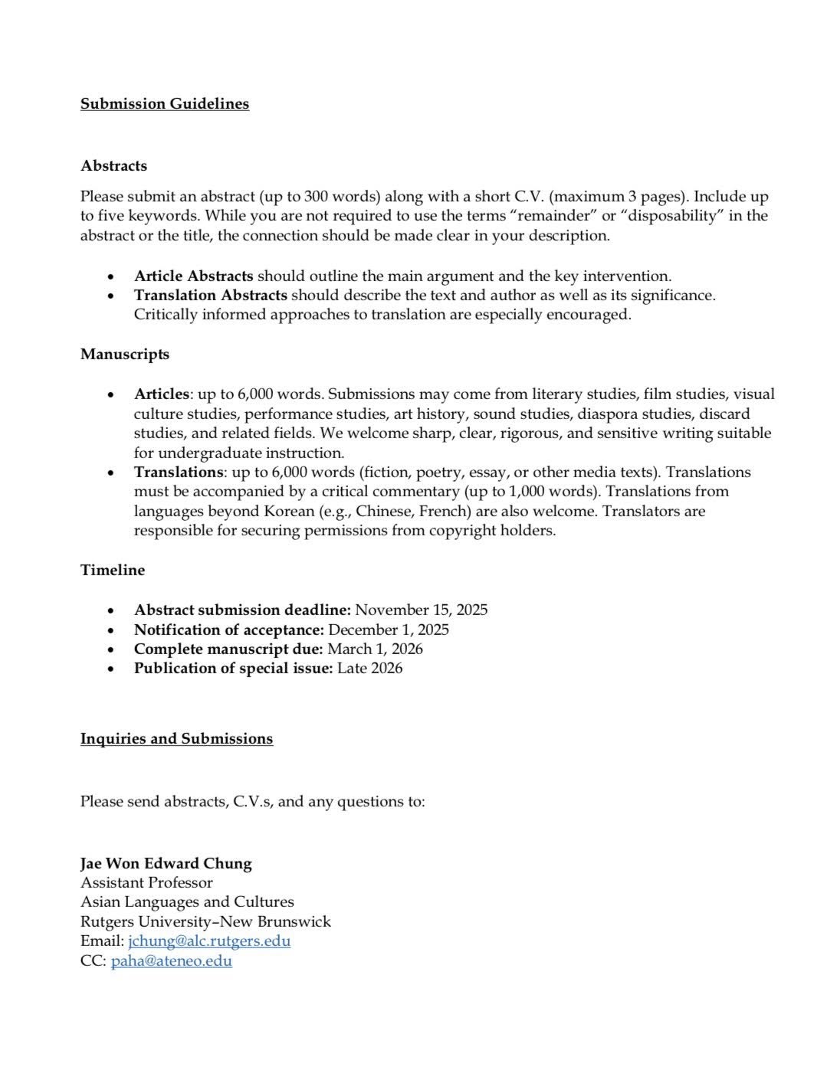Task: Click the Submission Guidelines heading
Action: pyautogui.click(x=165, y=103)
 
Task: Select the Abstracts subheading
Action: pyautogui.click(x=113, y=165)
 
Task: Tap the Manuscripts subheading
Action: pyautogui.click(x=125, y=354)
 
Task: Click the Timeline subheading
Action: pyautogui.click(x=113, y=570)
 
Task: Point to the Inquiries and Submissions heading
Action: pyautogui.click(x=176, y=738)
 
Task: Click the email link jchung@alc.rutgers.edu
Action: pyautogui.click(x=209, y=941)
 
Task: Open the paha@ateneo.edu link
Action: pyautogui.click(x=171, y=960)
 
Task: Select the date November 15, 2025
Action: pyautogui.click(x=422, y=610)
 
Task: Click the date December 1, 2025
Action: pyautogui.click(x=389, y=630)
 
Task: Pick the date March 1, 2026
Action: pyautogui.click(x=375, y=649)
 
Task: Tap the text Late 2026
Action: pyautogui.click(x=369, y=668)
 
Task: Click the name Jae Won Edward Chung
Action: pyautogui.click(x=166, y=863)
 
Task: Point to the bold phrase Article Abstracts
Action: pyautogui.click(x=193, y=276)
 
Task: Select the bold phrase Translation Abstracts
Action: pyautogui.click(x=211, y=295)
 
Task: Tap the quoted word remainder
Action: pyautogui.click(x=553, y=215)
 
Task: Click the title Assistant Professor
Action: pyautogui.click(x=146, y=882)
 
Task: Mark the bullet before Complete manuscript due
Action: pyautogui.click(x=112, y=649)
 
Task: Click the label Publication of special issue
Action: pyautogui.click(x=233, y=668)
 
